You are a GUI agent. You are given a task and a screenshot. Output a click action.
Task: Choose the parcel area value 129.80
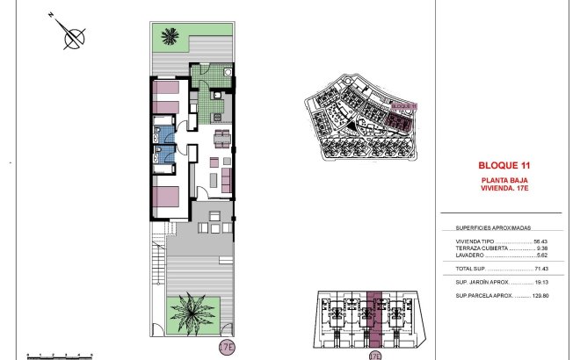tap(545, 298)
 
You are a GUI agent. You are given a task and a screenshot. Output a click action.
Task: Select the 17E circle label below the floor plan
tap(228, 347)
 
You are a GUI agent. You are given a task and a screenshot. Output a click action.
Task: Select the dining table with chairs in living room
tap(222, 139)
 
